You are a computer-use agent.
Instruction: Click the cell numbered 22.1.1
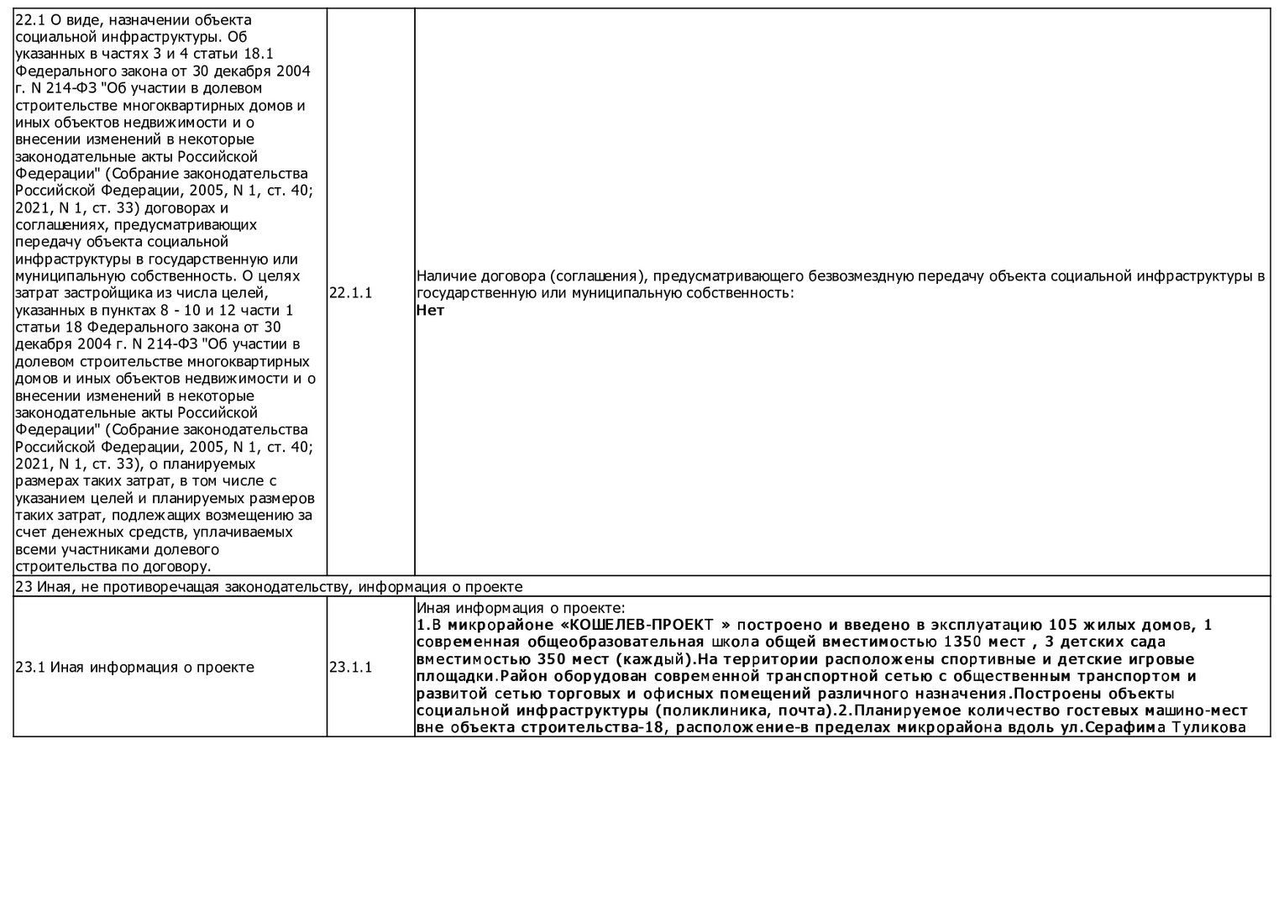350,293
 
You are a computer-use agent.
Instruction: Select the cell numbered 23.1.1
350,668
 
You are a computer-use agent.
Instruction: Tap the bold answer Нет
430,311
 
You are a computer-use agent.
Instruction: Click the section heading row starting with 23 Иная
269,587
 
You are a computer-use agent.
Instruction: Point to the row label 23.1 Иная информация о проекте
134,668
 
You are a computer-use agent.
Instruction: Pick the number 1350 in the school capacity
947,642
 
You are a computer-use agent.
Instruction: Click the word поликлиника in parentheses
707,710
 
